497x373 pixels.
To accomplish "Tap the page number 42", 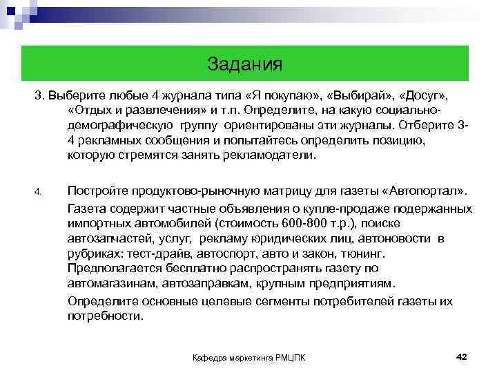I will coord(462,356).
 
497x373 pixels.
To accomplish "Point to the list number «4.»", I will coord(39,191).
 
